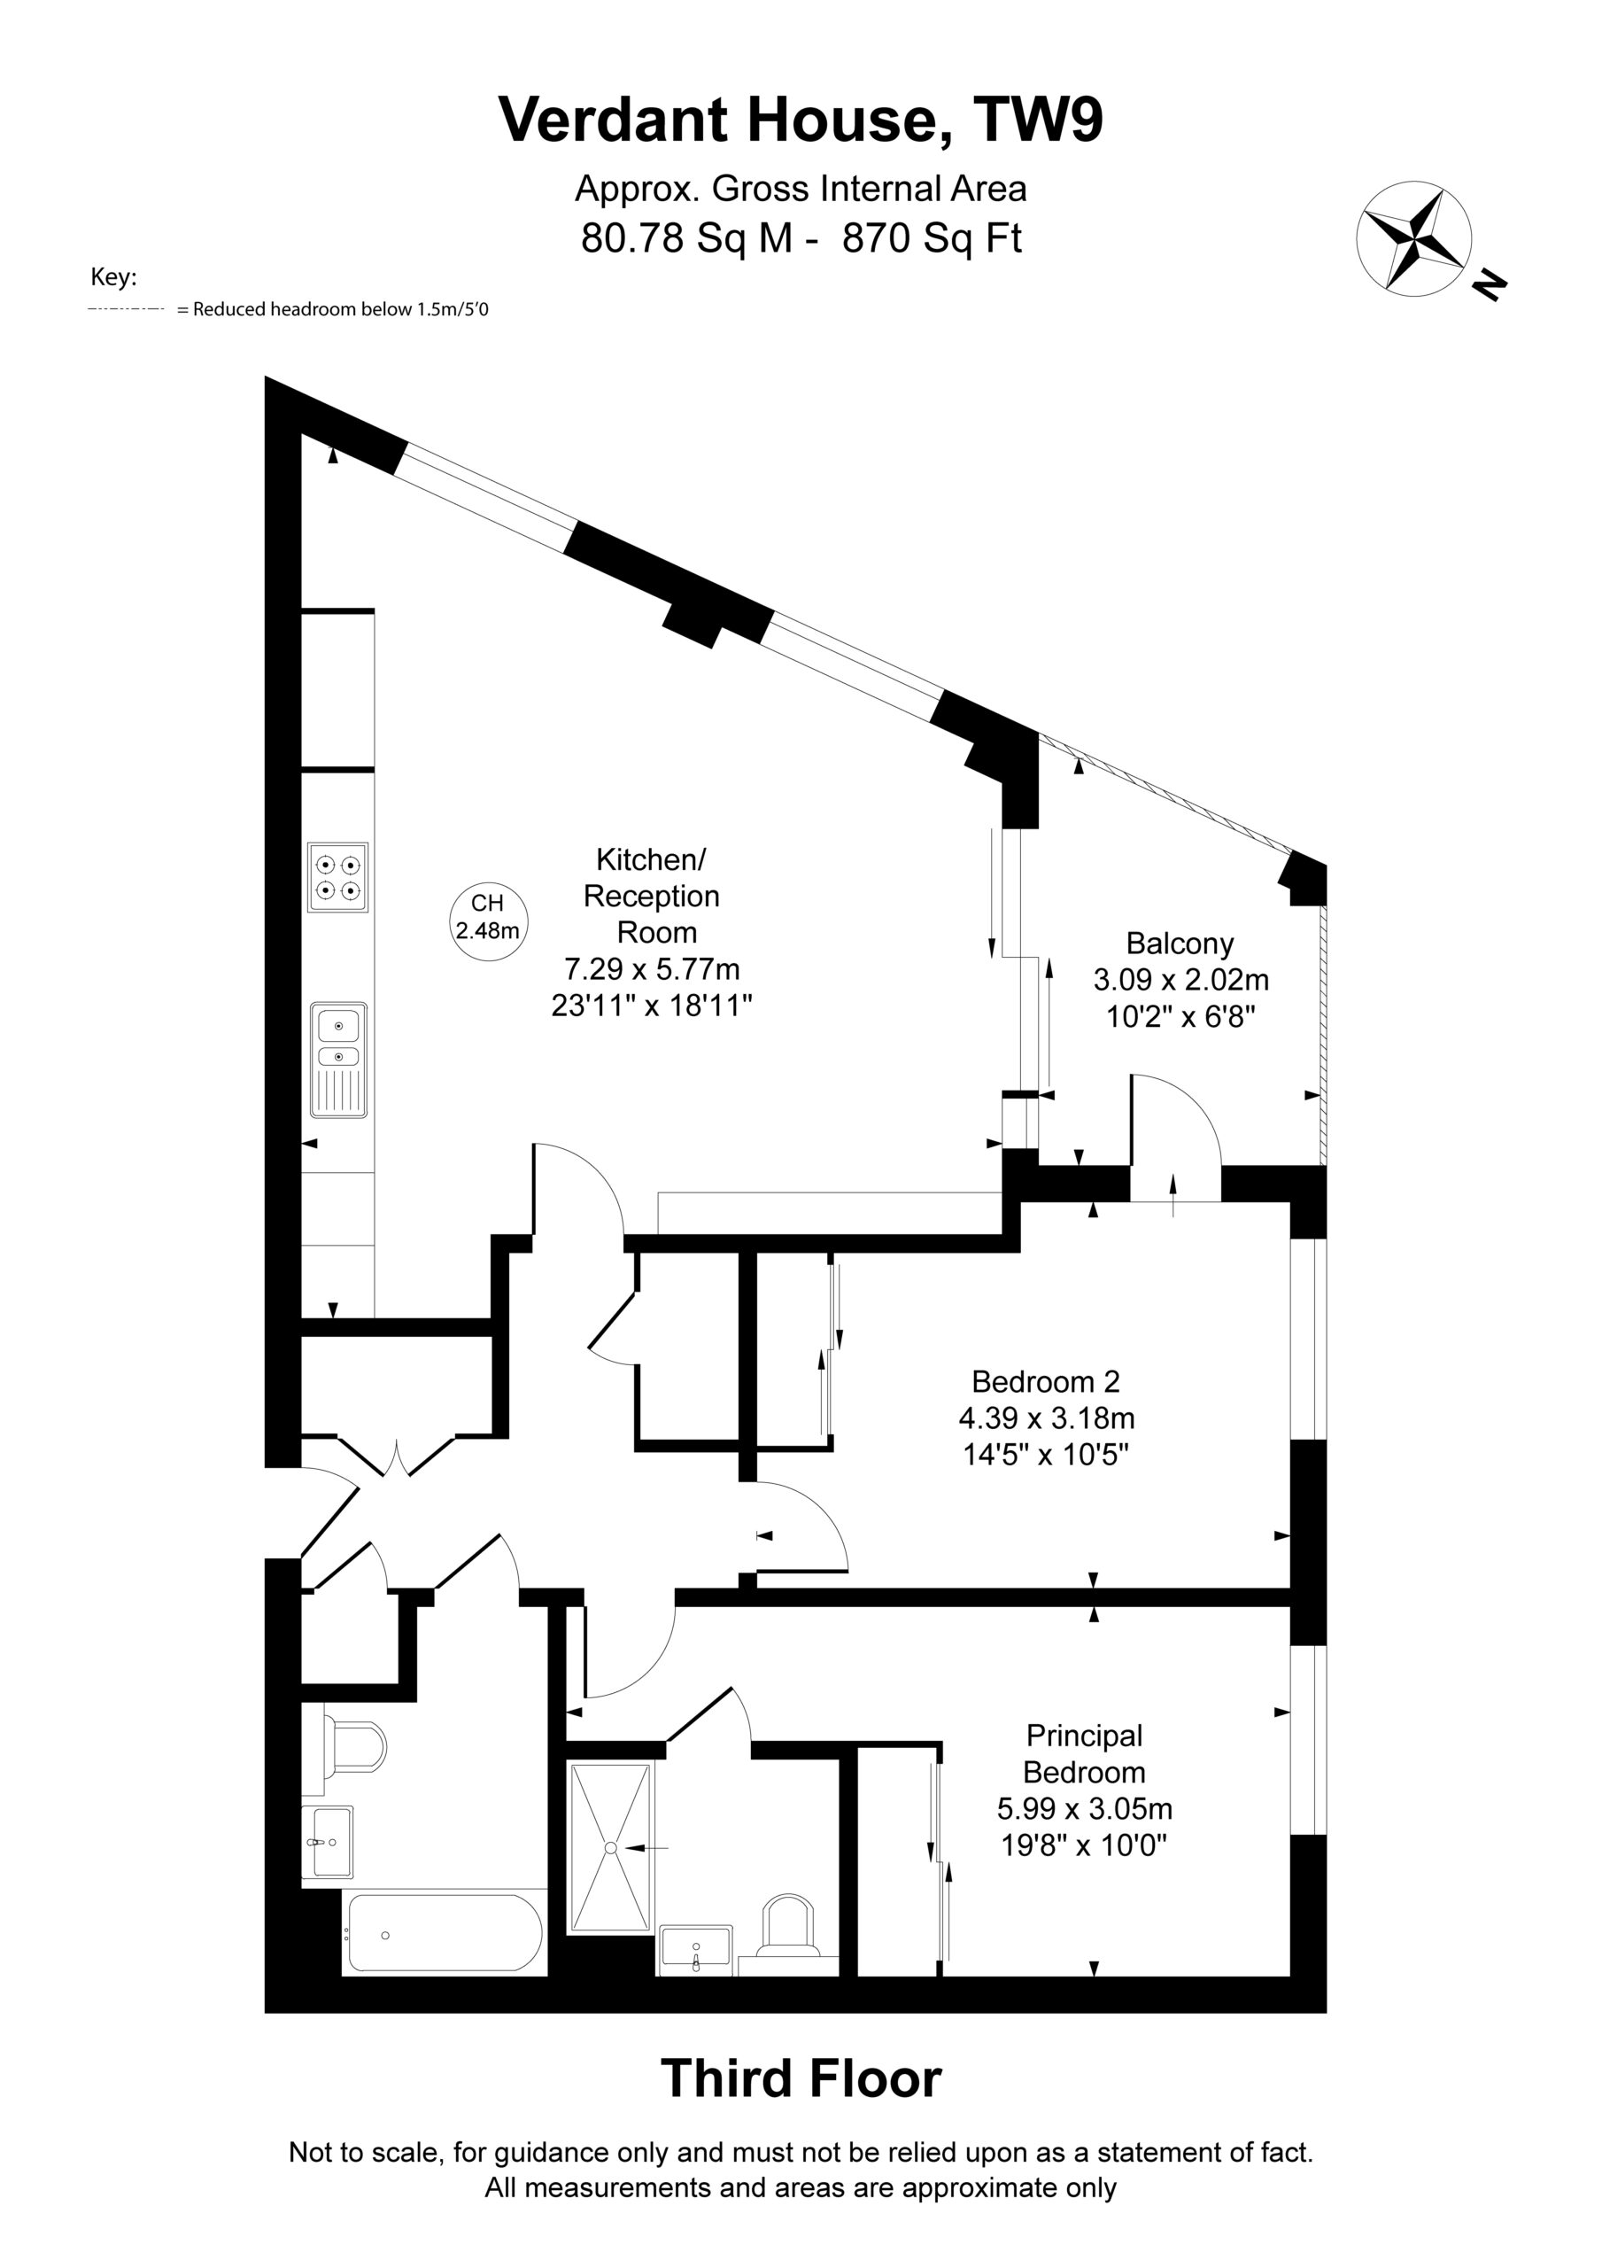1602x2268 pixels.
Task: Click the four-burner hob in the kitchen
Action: [337, 877]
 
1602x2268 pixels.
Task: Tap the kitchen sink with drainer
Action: [339, 1060]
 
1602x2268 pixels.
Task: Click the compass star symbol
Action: [1413, 238]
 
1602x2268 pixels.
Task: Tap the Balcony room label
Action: [1180, 944]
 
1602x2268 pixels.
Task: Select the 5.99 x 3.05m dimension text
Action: [1085, 1809]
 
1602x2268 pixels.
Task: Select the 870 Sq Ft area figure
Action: [932, 238]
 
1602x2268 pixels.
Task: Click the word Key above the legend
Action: [113, 277]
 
